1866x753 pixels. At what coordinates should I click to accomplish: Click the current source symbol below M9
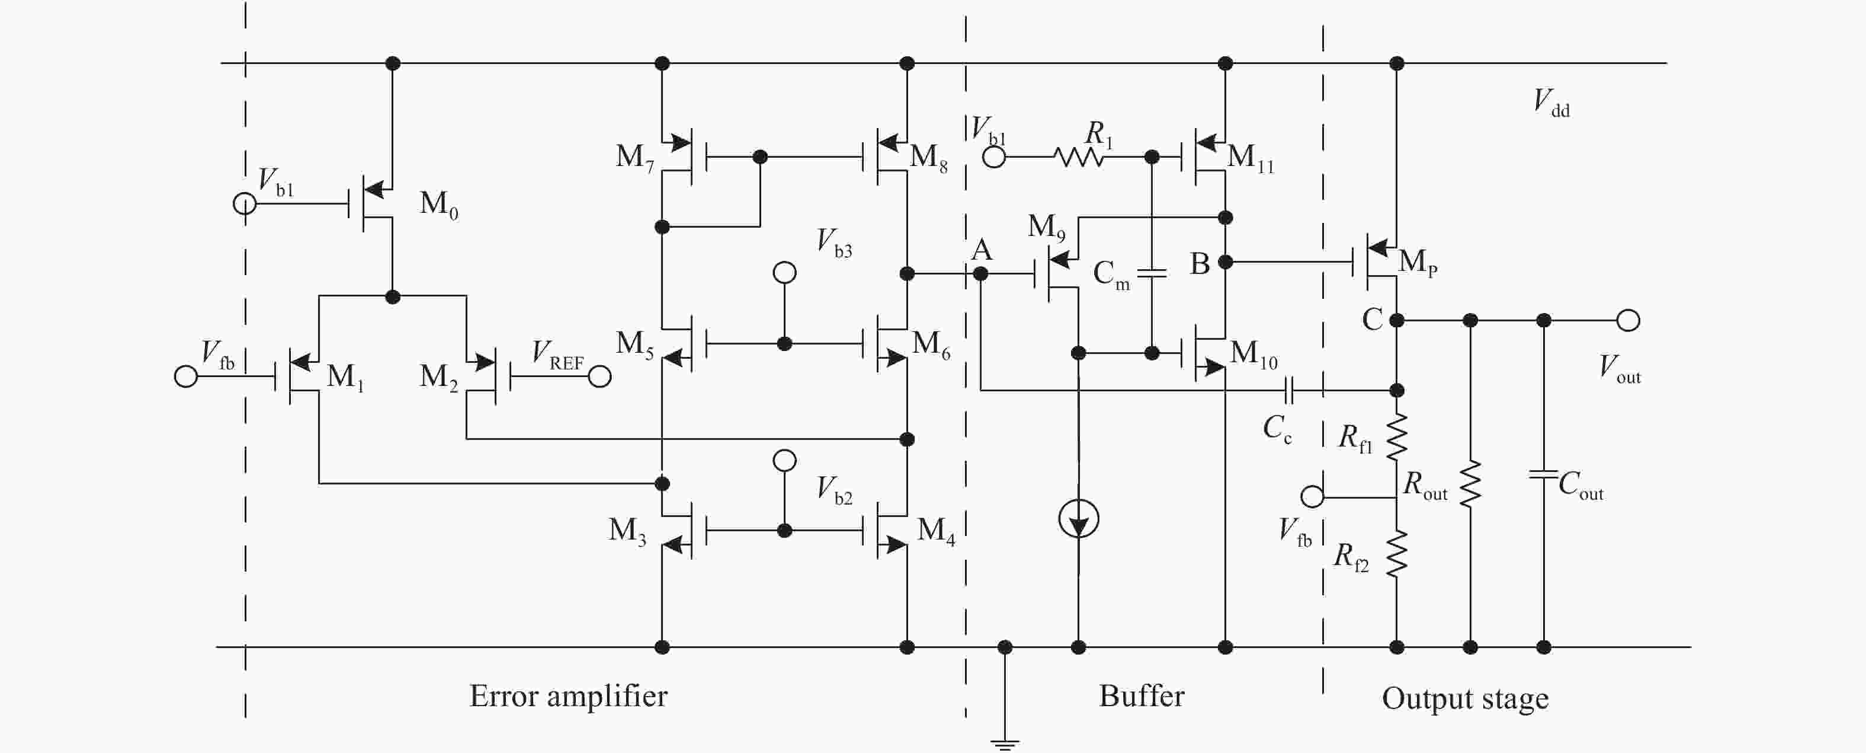pyautogui.click(x=1078, y=519)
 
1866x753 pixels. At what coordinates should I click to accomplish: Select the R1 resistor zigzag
pyautogui.click(x=1079, y=157)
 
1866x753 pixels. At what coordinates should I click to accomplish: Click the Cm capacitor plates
pyautogui.click(x=1151, y=273)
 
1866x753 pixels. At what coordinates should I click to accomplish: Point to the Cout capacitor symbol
pyautogui.click(x=1544, y=475)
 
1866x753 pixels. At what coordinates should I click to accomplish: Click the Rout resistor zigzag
pyautogui.click(x=1470, y=483)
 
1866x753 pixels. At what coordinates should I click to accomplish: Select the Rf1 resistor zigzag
pyautogui.click(x=1397, y=436)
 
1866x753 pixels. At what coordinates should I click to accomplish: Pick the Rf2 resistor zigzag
pyautogui.click(x=1397, y=554)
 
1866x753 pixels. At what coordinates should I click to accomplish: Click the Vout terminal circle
pyautogui.click(x=1628, y=320)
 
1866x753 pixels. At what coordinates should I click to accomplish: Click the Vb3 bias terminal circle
pyautogui.click(x=784, y=273)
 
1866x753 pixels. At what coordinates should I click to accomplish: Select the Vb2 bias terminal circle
pyautogui.click(x=784, y=460)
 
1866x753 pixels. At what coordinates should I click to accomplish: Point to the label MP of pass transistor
pyautogui.click(x=1417, y=262)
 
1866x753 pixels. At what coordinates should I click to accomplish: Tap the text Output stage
pyautogui.click(x=1465, y=698)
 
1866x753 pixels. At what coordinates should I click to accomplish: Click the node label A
pyautogui.click(x=981, y=250)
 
